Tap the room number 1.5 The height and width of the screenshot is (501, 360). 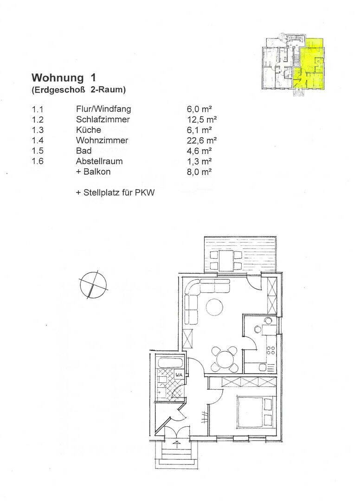pos(37,151)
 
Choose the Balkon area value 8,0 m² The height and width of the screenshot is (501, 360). pos(199,172)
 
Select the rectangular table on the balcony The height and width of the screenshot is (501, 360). pos(226,260)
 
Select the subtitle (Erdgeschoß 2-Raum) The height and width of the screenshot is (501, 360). pos(78,90)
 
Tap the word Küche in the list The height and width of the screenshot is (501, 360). pos(88,130)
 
